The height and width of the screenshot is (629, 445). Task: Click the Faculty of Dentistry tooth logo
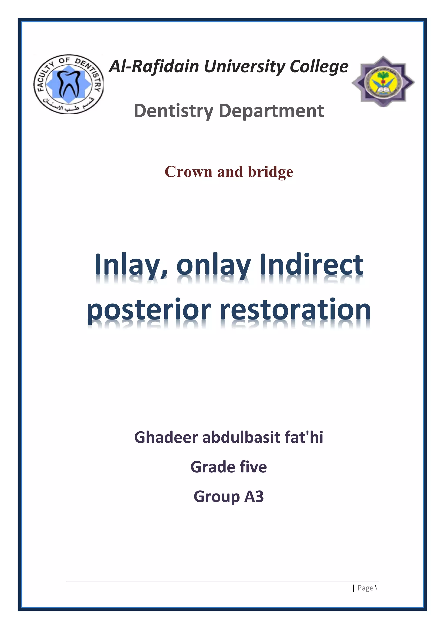click(x=68, y=84)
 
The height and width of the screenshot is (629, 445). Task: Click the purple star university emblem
click(x=383, y=82)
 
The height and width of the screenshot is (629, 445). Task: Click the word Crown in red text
click(x=189, y=172)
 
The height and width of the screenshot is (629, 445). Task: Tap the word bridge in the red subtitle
click(x=271, y=172)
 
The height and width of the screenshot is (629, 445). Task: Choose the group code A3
click(x=254, y=497)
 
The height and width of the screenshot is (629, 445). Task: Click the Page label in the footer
click(x=365, y=588)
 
